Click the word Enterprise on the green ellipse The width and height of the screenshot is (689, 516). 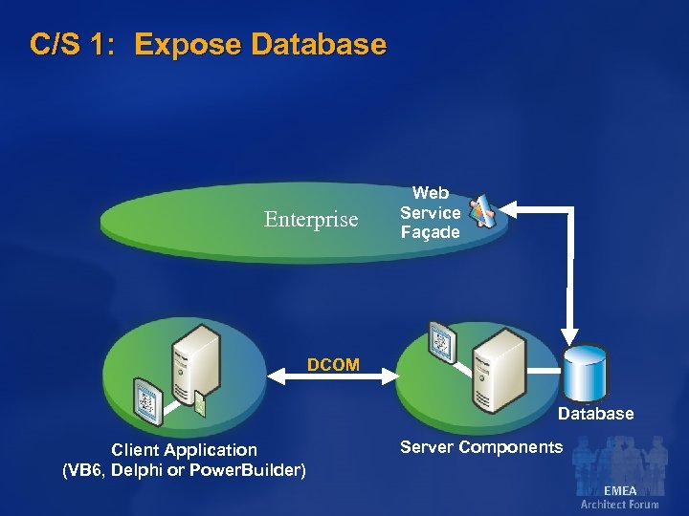coord(311,220)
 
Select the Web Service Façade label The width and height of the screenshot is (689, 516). coord(430,213)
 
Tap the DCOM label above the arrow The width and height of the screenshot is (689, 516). coord(333,364)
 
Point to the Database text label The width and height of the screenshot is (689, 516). coord(595,414)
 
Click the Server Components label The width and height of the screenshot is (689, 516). coord(481,447)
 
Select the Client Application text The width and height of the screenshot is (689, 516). coord(184,449)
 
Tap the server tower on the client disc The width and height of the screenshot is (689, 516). coord(197,367)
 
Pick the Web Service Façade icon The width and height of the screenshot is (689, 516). coord(482,211)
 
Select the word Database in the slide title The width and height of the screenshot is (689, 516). coord(318,45)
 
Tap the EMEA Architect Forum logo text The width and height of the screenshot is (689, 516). coord(619,497)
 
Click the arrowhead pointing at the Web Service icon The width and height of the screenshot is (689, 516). coord(505,205)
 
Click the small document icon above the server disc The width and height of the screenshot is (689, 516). coord(443,342)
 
